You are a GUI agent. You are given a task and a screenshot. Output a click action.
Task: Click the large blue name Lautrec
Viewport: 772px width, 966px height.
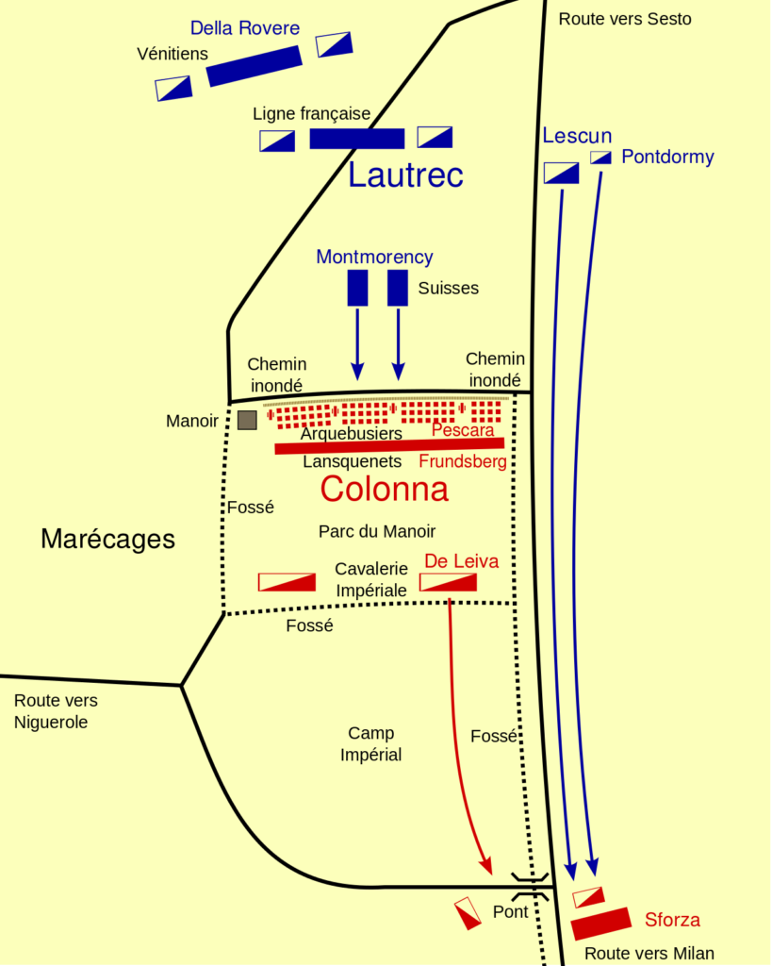point(405,175)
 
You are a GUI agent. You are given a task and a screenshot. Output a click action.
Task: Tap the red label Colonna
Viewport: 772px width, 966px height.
point(384,489)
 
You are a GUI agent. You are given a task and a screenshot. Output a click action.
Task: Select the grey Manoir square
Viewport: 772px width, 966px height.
point(247,420)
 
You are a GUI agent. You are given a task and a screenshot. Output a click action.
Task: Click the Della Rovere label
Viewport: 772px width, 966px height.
point(244,28)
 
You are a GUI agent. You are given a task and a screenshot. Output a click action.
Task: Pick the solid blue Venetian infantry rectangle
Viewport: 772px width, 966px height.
point(255,66)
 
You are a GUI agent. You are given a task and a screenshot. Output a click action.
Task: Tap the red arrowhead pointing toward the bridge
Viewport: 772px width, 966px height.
point(485,866)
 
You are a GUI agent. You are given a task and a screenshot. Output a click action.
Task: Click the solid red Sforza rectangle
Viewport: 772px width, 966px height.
point(601,924)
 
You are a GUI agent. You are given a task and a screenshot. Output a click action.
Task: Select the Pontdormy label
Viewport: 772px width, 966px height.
point(667,157)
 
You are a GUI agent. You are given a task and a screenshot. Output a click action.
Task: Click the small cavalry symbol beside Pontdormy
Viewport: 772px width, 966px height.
point(601,158)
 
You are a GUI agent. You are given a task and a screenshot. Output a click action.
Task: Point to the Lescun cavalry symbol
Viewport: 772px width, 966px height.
point(561,173)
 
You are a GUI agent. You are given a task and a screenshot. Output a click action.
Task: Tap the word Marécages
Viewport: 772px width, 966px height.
point(107,539)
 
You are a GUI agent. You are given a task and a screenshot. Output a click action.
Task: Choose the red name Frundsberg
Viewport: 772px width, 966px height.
point(463,461)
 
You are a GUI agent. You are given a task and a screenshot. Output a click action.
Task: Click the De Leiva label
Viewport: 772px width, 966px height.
point(461,561)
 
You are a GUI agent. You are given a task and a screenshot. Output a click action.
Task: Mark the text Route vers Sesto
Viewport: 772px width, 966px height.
point(624,19)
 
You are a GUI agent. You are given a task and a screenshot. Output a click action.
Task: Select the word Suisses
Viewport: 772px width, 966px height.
point(449,288)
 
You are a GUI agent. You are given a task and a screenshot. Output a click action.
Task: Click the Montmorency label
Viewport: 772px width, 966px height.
point(374,257)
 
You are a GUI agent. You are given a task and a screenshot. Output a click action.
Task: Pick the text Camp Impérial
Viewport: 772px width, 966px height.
point(370,743)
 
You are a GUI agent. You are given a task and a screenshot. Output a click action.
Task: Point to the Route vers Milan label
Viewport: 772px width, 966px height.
point(649,954)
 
